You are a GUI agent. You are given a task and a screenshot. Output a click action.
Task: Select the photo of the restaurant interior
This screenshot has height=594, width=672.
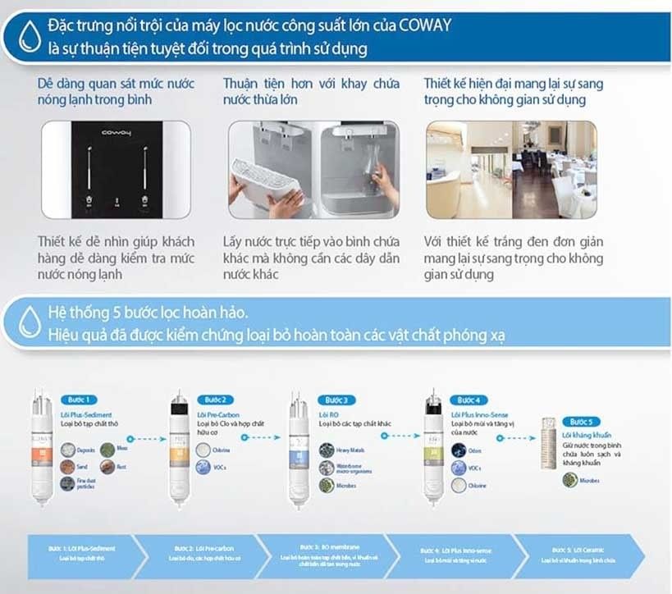(x=510, y=170)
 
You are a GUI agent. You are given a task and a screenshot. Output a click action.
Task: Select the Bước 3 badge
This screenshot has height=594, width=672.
(x=336, y=400)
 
